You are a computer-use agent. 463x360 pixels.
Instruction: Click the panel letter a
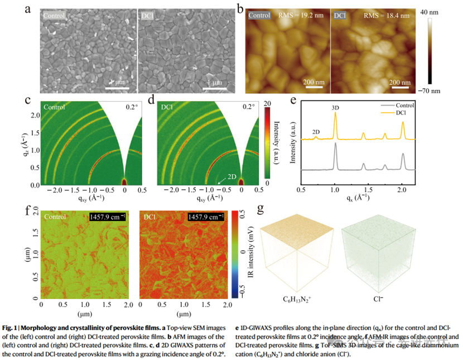[28, 9]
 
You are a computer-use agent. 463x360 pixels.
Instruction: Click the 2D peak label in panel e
[316, 132]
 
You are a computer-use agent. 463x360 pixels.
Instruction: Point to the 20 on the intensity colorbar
[267, 103]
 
